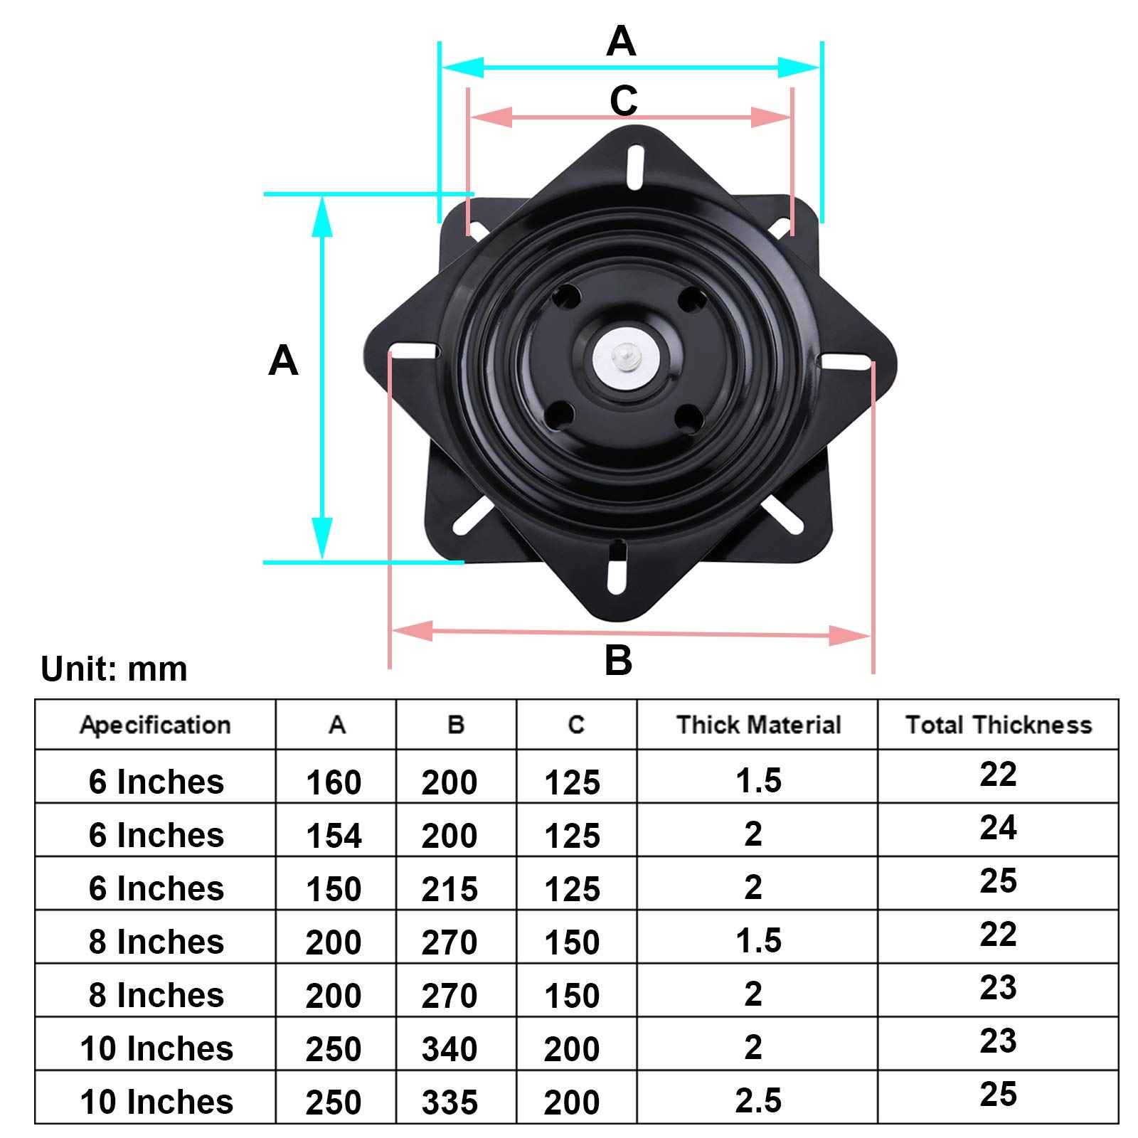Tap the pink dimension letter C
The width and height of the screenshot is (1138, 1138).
[x=623, y=101]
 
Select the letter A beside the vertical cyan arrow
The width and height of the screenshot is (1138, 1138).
[x=283, y=361]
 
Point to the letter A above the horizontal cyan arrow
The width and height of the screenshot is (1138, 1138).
[x=621, y=41]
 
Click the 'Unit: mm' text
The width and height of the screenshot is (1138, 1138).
[x=114, y=669]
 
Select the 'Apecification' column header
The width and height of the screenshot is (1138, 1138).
[x=155, y=725]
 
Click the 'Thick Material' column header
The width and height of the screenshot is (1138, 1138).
[x=758, y=725]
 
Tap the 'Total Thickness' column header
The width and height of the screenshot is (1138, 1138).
[x=999, y=725]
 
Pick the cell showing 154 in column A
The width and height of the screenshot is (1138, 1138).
[x=334, y=836]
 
